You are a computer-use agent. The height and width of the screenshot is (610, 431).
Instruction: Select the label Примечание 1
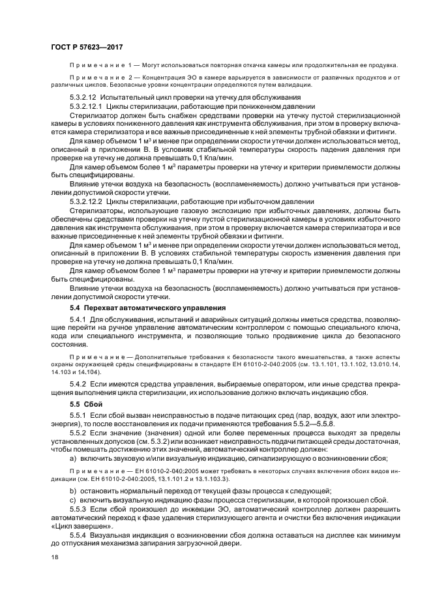[100, 65]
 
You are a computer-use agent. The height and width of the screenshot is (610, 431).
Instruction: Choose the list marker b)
[73, 490]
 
